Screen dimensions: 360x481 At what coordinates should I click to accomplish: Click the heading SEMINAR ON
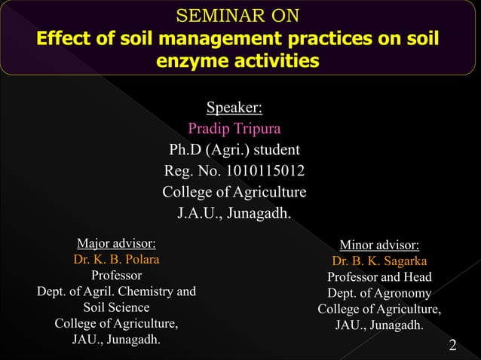pyautogui.click(x=237, y=15)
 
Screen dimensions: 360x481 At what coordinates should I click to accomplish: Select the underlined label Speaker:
pyautogui.click(x=234, y=105)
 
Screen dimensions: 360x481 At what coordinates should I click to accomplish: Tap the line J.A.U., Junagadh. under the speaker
pyautogui.click(x=234, y=213)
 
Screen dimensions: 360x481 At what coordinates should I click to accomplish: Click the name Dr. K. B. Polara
pyautogui.click(x=117, y=259)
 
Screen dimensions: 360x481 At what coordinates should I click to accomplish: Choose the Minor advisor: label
pyautogui.click(x=379, y=245)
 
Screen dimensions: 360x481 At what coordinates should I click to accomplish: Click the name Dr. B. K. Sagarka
pyautogui.click(x=379, y=261)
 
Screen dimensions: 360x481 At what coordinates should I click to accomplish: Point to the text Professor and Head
pyautogui.click(x=379, y=277)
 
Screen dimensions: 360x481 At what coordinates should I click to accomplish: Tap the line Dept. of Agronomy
pyautogui.click(x=379, y=294)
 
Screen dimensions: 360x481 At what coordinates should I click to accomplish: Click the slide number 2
pyautogui.click(x=452, y=346)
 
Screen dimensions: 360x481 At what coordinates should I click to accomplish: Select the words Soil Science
pyautogui.click(x=117, y=307)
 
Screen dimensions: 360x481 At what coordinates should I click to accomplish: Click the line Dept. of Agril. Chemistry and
pyautogui.click(x=117, y=291)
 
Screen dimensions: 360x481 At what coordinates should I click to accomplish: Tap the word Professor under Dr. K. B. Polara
pyautogui.click(x=117, y=275)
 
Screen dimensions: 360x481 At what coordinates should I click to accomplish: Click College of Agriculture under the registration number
pyautogui.click(x=234, y=191)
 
